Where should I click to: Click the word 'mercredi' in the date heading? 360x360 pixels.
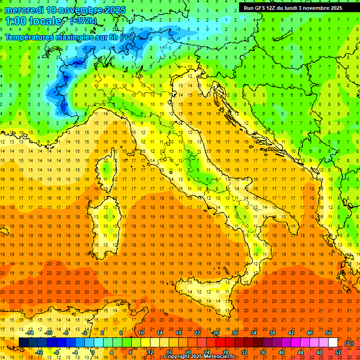click(x=24, y=10)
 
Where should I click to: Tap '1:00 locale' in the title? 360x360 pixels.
click(x=33, y=21)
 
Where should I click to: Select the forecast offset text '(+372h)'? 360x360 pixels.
click(x=84, y=21)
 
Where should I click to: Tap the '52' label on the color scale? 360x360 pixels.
click(x=338, y=352)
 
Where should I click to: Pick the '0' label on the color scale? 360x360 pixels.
click(x=92, y=352)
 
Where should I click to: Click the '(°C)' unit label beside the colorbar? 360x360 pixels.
click(x=349, y=343)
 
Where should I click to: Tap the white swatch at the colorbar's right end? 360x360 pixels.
click(x=333, y=343)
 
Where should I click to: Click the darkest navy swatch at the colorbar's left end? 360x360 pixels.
click(x=23, y=343)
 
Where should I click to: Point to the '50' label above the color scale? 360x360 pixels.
click(x=329, y=333)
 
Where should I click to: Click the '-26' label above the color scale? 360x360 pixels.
click(x=215, y=333)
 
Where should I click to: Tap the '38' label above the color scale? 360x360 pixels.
click(x=272, y=333)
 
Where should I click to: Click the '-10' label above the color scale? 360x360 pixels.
click(x=48, y=333)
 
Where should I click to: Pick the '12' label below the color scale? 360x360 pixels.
click(x=150, y=352)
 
